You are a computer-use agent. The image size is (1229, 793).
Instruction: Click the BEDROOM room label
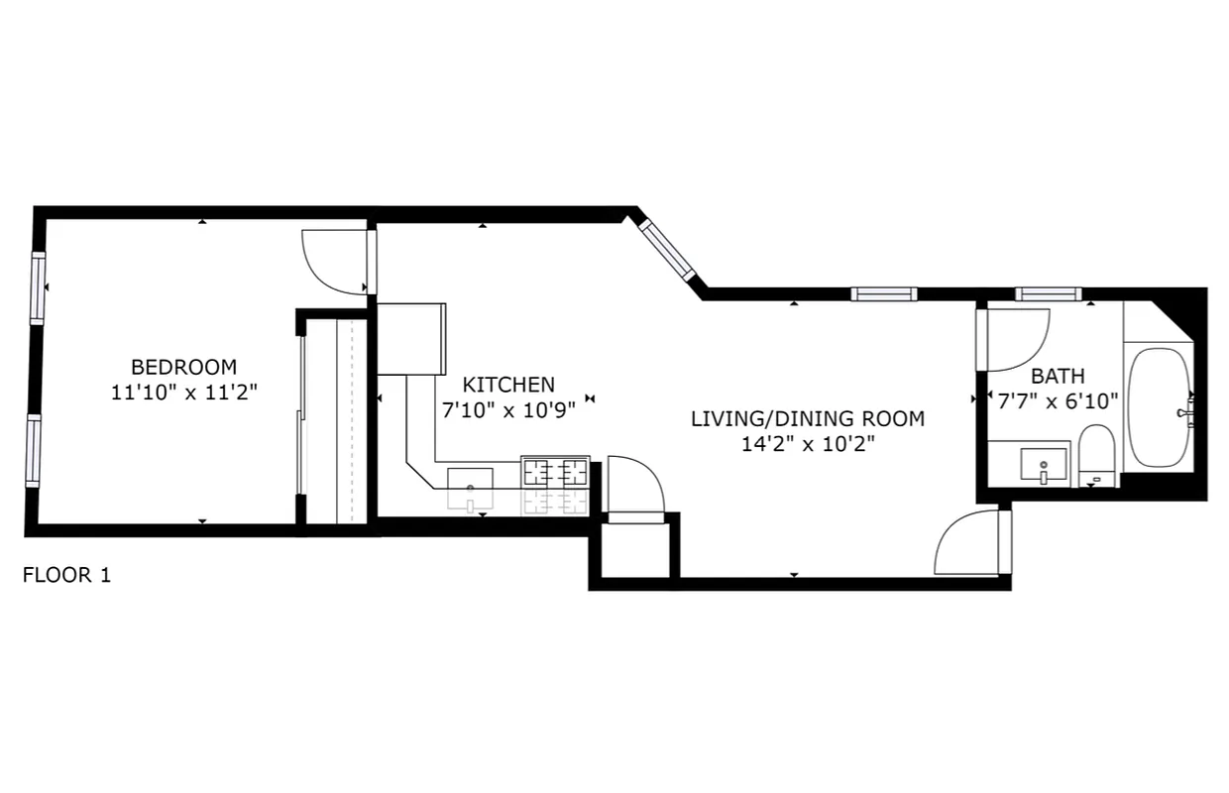[183, 366]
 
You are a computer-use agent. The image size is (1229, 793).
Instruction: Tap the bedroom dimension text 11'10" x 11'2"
[183, 392]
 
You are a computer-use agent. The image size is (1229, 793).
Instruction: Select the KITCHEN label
[509, 385]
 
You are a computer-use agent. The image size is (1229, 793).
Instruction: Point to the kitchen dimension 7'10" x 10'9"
[508, 409]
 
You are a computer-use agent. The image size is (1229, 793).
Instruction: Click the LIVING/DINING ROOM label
[808, 418]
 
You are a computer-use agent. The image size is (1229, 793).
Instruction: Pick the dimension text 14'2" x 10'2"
[808, 444]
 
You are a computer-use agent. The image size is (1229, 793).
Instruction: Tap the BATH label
[1058, 376]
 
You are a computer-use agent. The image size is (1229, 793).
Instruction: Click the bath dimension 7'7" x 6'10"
[1058, 400]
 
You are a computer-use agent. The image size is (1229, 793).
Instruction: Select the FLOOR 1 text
[66, 575]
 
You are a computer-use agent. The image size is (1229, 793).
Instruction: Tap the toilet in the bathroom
[1096, 457]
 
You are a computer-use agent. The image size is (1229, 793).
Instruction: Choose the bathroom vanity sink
[1043, 464]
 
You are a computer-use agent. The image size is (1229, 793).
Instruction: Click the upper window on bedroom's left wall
[38, 287]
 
